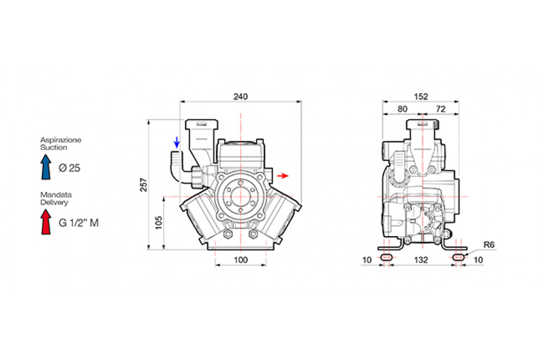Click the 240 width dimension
[240, 97]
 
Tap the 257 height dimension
[144, 185]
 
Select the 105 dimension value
[158, 223]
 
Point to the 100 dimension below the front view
[240, 260]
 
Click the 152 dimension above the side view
[421, 97]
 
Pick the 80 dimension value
[403, 109]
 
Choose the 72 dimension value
[440, 109]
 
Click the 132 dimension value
[421, 260]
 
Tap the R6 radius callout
[489, 245]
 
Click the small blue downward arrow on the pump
[177, 142]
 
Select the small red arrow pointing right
[283, 176]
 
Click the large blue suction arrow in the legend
[46, 167]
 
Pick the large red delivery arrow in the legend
[46, 222]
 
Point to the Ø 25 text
[69, 168]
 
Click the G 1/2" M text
[79, 223]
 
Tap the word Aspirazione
[61, 140]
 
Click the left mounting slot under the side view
[386, 257]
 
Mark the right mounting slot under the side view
[459, 257]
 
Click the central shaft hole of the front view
[240, 197]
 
